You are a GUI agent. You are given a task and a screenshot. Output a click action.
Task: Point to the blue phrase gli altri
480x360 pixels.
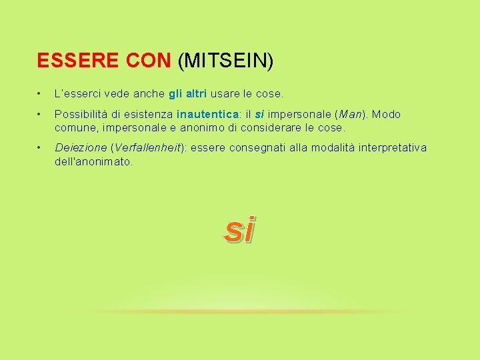click(x=188, y=94)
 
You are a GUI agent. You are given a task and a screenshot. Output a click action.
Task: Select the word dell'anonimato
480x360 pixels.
click(x=93, y=161)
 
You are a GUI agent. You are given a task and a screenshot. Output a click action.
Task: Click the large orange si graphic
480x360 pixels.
click(x=240, y=229)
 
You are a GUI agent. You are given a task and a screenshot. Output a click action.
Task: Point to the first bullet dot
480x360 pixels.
click(x=41, y=95)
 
